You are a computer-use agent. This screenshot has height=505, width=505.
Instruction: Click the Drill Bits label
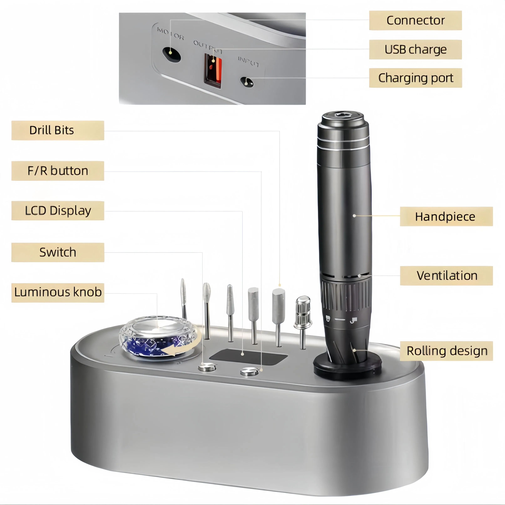pos(58,130)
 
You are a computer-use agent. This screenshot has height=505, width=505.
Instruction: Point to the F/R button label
pos(58,171)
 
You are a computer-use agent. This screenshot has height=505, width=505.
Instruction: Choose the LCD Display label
pos(58,211)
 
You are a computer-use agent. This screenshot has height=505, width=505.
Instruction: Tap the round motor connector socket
pos(171,54)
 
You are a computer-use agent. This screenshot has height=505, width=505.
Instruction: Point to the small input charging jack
pos(247,82)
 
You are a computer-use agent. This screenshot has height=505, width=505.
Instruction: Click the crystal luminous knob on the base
pos(158,337)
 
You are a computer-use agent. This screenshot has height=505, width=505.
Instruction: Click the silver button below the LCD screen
pos(249,371)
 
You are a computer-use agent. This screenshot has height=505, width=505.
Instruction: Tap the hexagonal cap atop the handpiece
pos(342,115)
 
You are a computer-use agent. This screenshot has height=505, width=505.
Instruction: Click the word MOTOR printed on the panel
pos(170,33)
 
